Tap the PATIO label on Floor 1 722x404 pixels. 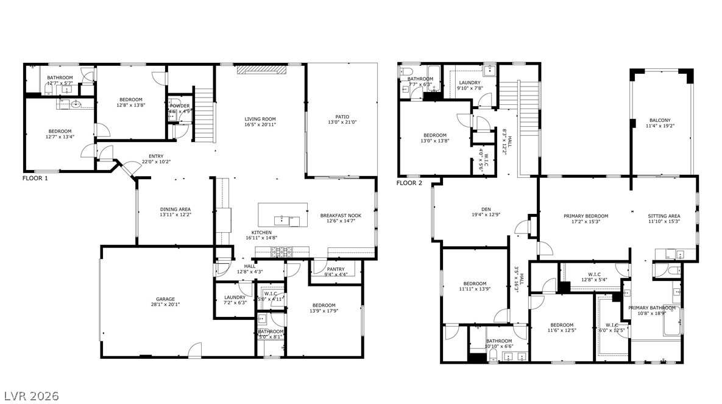click(x=342, y=116)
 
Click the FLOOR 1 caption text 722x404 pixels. click(x=35, y=179)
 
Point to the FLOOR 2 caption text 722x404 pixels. click(x=409, y=183)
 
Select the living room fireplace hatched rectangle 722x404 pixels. click(x=260, y=70)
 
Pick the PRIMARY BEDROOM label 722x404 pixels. click(x=586, y=216)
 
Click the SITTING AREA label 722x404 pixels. click(x=664, y=216)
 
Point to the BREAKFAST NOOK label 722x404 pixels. click(x=341, y=215)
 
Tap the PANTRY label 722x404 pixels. click(x=336, y=269)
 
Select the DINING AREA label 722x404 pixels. click(x=175, y=209)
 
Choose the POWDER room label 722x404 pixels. click(x=180, y=105)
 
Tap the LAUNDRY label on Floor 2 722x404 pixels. click(x=470, y=82)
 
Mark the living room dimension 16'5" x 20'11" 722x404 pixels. click(x=260, y=124)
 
